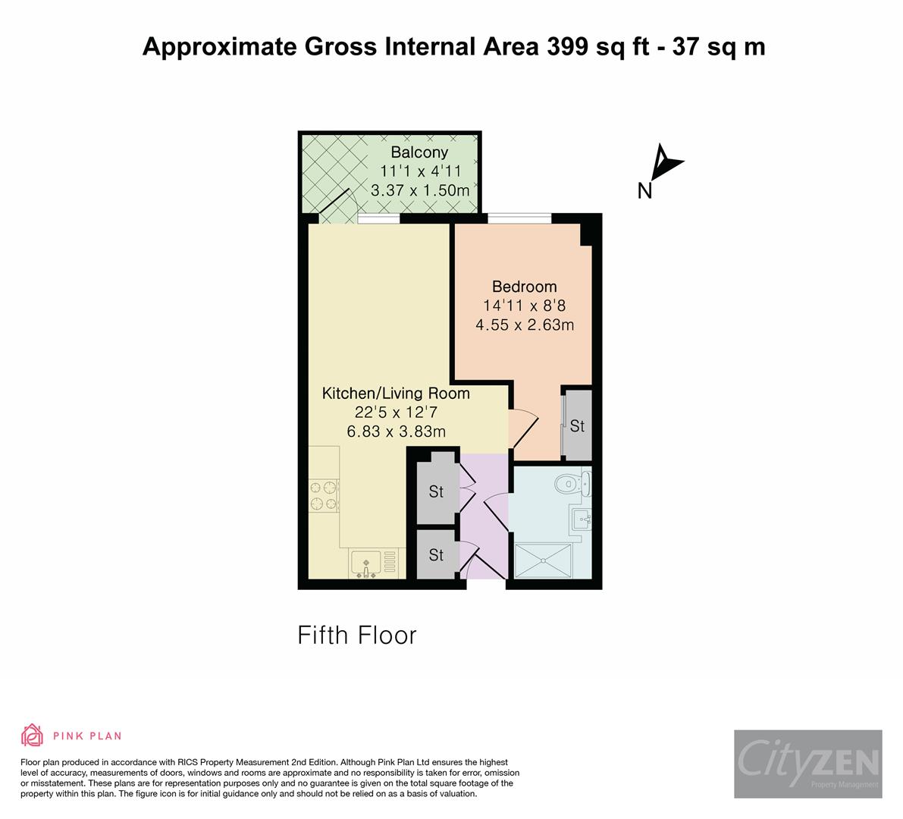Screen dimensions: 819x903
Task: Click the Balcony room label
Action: click(419, 152)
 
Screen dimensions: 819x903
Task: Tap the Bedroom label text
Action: click(524, 287)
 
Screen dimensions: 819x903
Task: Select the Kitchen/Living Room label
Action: click(396, 394)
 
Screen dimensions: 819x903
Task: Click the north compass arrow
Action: click(667, 161)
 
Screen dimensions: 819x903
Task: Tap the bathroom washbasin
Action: click(582, 520)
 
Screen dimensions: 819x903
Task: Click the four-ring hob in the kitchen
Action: click(323, 494)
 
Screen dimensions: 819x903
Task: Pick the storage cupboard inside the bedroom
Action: click(577, 425)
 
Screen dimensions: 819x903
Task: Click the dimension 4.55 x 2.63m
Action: click(524, 325)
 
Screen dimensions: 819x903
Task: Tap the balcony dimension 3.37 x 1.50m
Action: click(419, 190)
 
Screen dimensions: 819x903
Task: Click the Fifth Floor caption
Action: click(357, 635)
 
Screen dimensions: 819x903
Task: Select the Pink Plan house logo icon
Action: click(32, 735)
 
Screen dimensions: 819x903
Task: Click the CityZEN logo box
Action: click(807, 764)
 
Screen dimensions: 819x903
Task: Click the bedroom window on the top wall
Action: click(519, 218)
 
